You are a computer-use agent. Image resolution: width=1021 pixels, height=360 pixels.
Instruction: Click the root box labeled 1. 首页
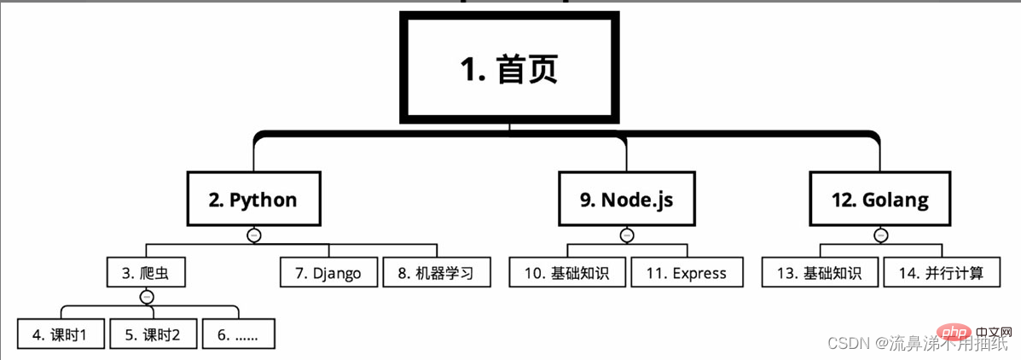coord(509,67)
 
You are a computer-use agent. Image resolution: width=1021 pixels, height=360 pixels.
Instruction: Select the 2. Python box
coord(253,200)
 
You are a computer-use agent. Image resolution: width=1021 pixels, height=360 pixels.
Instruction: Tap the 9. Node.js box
coord(626,200)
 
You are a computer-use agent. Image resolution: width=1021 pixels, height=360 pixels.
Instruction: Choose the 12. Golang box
coord(879,200)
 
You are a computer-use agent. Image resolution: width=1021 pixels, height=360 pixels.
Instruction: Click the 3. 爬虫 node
coord(147,273)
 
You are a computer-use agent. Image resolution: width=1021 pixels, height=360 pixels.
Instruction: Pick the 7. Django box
coord(328,273)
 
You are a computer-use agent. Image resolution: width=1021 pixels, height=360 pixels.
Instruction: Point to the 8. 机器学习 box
coord(438,273)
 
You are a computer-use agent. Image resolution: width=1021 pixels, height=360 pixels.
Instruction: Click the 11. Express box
coord(687,273)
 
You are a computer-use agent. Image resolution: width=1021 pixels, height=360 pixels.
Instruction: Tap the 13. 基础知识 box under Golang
coord(820,273)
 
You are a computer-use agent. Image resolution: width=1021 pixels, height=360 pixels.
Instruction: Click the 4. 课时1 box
coord(61,334)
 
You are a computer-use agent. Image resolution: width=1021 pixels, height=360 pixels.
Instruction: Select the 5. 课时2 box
coord(153,334)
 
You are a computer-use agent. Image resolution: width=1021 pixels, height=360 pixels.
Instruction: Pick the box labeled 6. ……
coord(238,334)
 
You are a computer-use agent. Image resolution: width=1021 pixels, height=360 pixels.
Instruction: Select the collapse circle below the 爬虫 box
coord(147,297)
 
